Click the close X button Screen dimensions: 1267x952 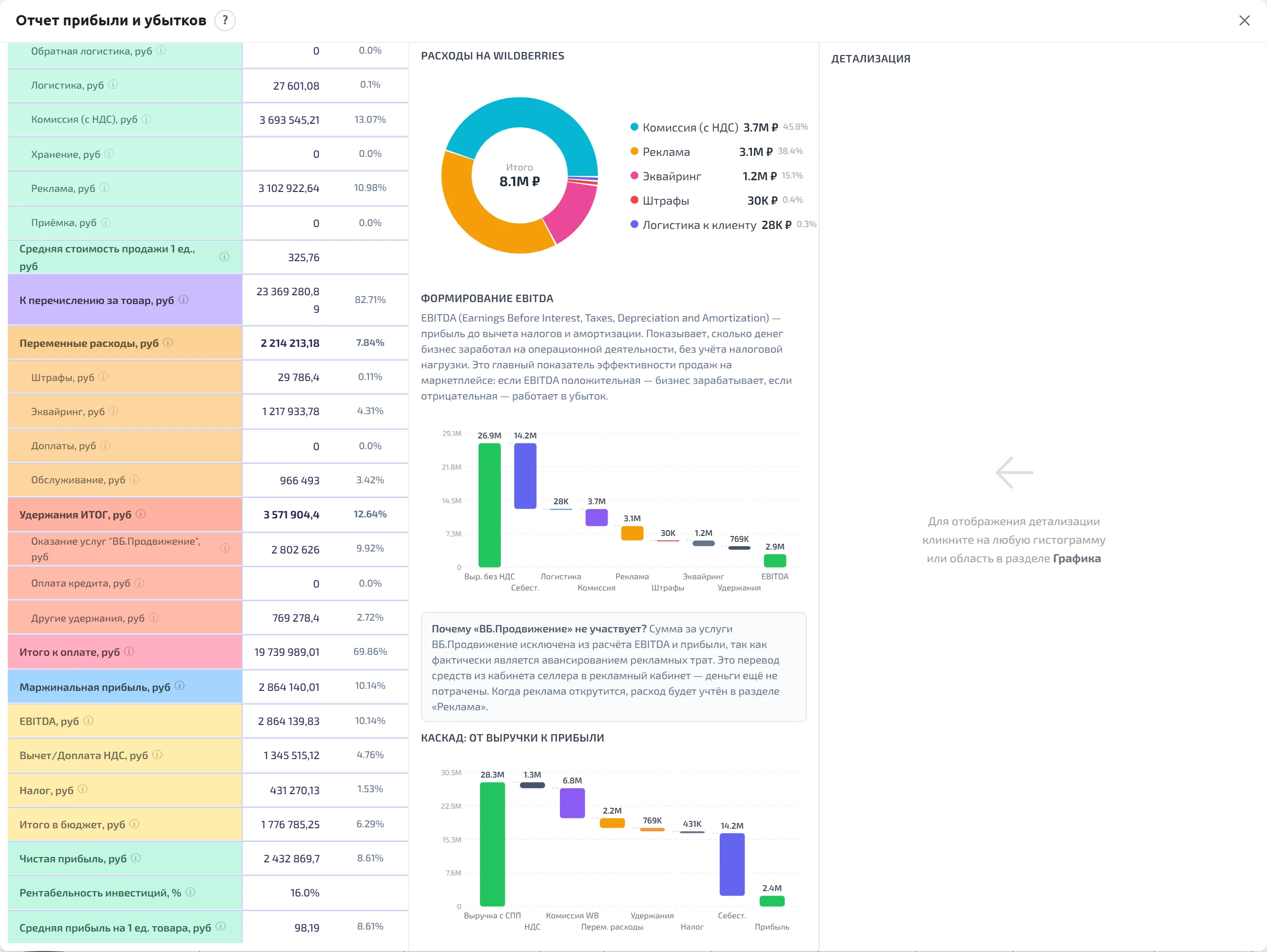click(1244, 20)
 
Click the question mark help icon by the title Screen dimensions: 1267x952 click(225, 20)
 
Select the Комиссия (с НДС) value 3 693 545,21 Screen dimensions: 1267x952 click(289, 120)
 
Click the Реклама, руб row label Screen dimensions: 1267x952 click(63, 189)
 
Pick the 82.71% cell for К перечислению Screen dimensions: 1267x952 click(370, 300)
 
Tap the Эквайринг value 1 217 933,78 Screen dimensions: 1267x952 click(290, 411)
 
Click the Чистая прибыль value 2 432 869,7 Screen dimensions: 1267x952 click(291, 858)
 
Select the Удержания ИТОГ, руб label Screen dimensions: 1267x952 click(75, 514)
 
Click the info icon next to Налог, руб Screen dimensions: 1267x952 click(82, 789)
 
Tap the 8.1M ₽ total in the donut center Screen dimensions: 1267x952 click(519, 182)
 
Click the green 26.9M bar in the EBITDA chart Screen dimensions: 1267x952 click(490, 505)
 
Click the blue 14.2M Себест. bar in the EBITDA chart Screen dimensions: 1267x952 click(525, 476)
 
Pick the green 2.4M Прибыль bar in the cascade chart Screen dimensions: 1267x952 click(771, 901)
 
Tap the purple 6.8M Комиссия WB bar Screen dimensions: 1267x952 click(572, 803)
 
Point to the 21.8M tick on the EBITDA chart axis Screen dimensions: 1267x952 click(451, 467)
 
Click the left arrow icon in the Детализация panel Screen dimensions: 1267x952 click(1014, 473)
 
